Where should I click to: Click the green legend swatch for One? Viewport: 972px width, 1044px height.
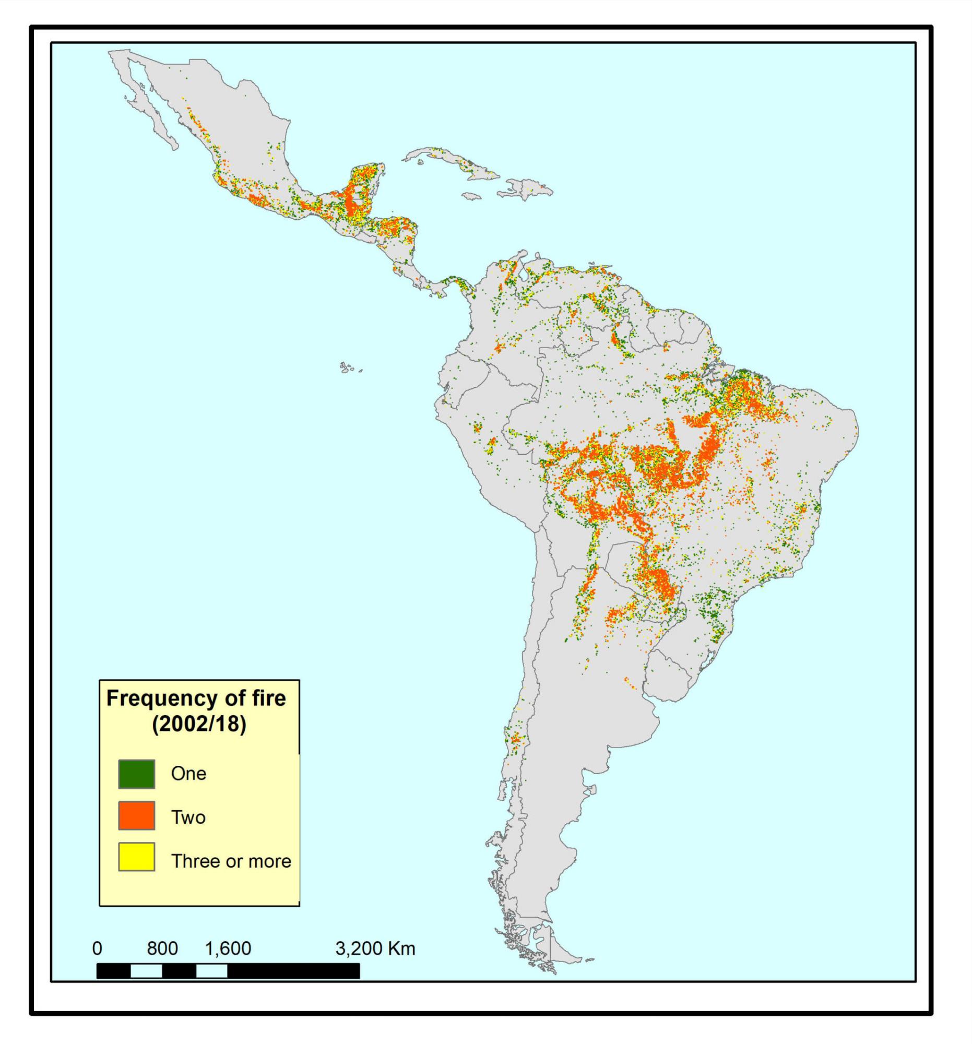coord(136,774)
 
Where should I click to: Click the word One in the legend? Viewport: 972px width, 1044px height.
coord(188,774)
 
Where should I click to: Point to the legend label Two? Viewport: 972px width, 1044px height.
coord(188,817)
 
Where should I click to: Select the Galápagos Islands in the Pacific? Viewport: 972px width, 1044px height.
coord(348,367)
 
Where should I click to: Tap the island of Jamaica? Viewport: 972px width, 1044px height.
coord(472,195)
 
